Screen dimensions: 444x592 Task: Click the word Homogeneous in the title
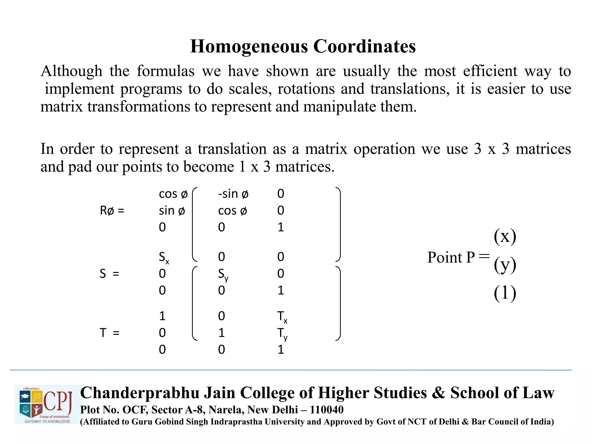[249, 46]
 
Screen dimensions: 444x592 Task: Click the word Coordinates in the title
[365, 46]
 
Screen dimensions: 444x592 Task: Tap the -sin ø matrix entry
[233, 194]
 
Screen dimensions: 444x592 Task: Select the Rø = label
[112, 210]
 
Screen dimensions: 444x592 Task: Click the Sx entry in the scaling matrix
[164, 257]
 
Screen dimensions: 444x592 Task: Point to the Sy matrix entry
[223, 274]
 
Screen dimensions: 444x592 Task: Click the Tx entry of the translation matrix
[282, 317]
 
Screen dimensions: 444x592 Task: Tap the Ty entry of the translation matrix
[282, 334]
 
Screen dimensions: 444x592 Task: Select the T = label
[109, 333]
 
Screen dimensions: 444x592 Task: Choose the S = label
[109, 273]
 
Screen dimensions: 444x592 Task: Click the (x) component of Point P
[505, 236]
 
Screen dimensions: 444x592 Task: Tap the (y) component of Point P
[505, 264]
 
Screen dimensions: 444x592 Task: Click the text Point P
[451, 257]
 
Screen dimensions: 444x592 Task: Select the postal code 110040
[327, 410]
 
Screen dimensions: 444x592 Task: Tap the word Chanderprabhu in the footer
[140, 393]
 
